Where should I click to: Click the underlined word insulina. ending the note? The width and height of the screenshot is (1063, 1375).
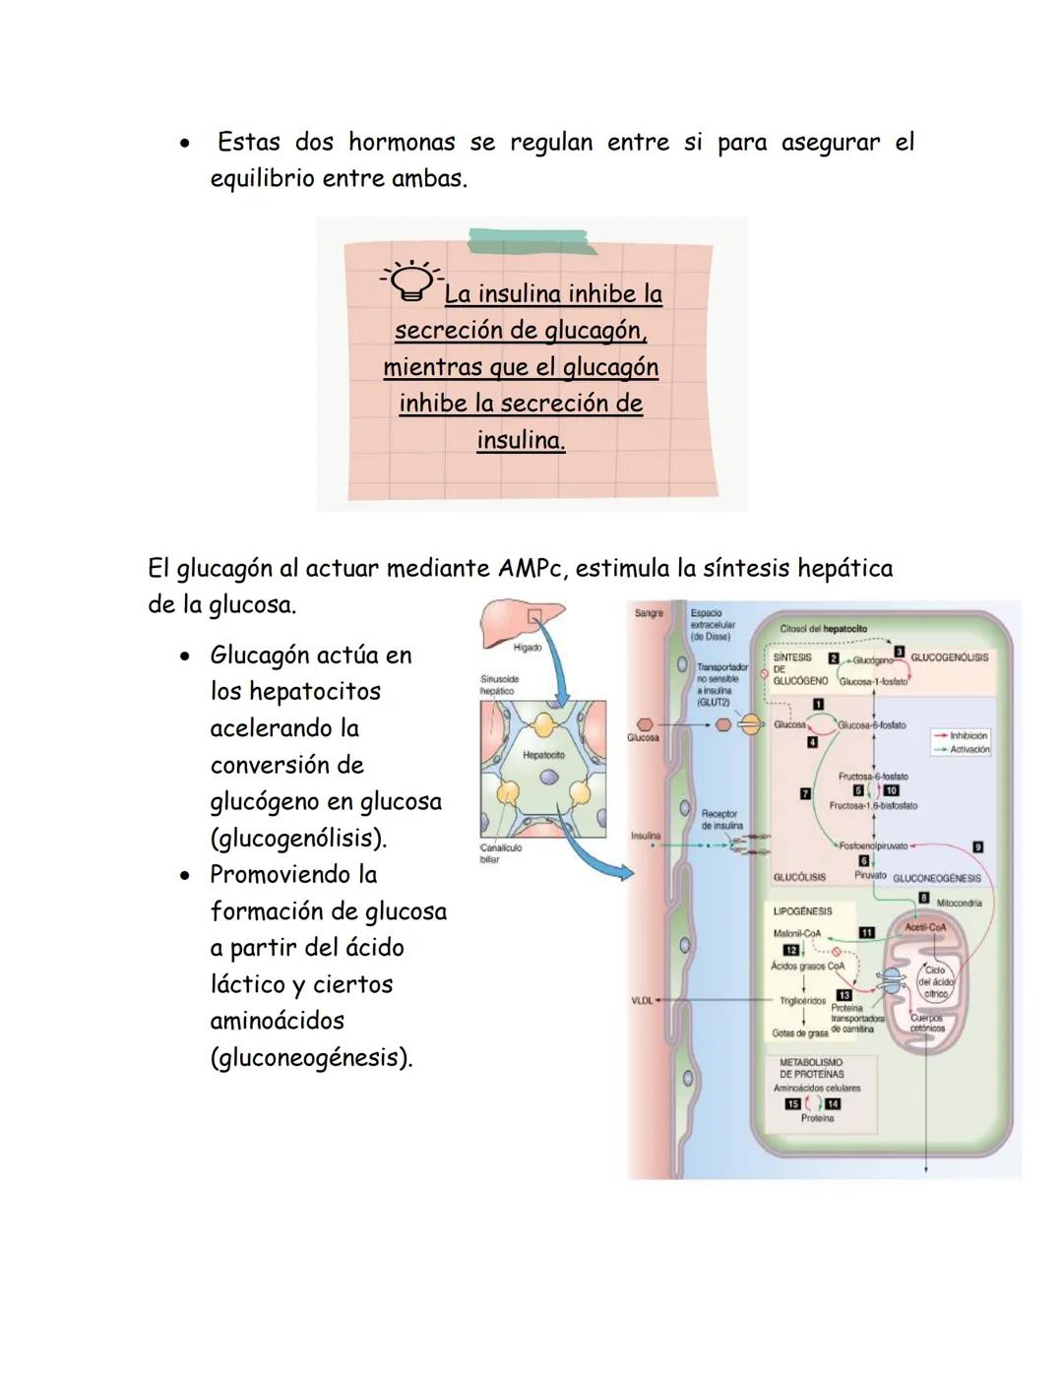pos(521,440)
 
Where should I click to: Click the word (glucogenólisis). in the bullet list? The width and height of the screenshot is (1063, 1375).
pos(298,839)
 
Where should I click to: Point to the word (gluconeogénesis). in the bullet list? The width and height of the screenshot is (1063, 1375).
pos(311,1058)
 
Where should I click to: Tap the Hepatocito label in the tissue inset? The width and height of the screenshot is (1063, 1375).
pos(543,755)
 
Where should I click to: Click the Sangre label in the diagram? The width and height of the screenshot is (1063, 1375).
pos(649,613)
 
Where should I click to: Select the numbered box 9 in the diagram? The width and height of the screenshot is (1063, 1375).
pos(976,846)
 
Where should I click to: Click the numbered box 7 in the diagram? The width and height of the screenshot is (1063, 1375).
pos(805,793)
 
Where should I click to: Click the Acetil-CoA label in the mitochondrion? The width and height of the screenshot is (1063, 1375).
pos(925,927)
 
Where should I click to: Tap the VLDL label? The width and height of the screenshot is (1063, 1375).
pos(642,1000)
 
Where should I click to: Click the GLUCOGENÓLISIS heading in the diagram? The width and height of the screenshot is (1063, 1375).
pos(949,657)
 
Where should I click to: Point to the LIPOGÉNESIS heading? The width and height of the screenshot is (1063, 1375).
pos(802,911)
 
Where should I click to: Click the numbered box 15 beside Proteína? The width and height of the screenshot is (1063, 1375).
pos(792,1104)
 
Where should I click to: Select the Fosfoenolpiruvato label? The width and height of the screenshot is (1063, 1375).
pos(873,845)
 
